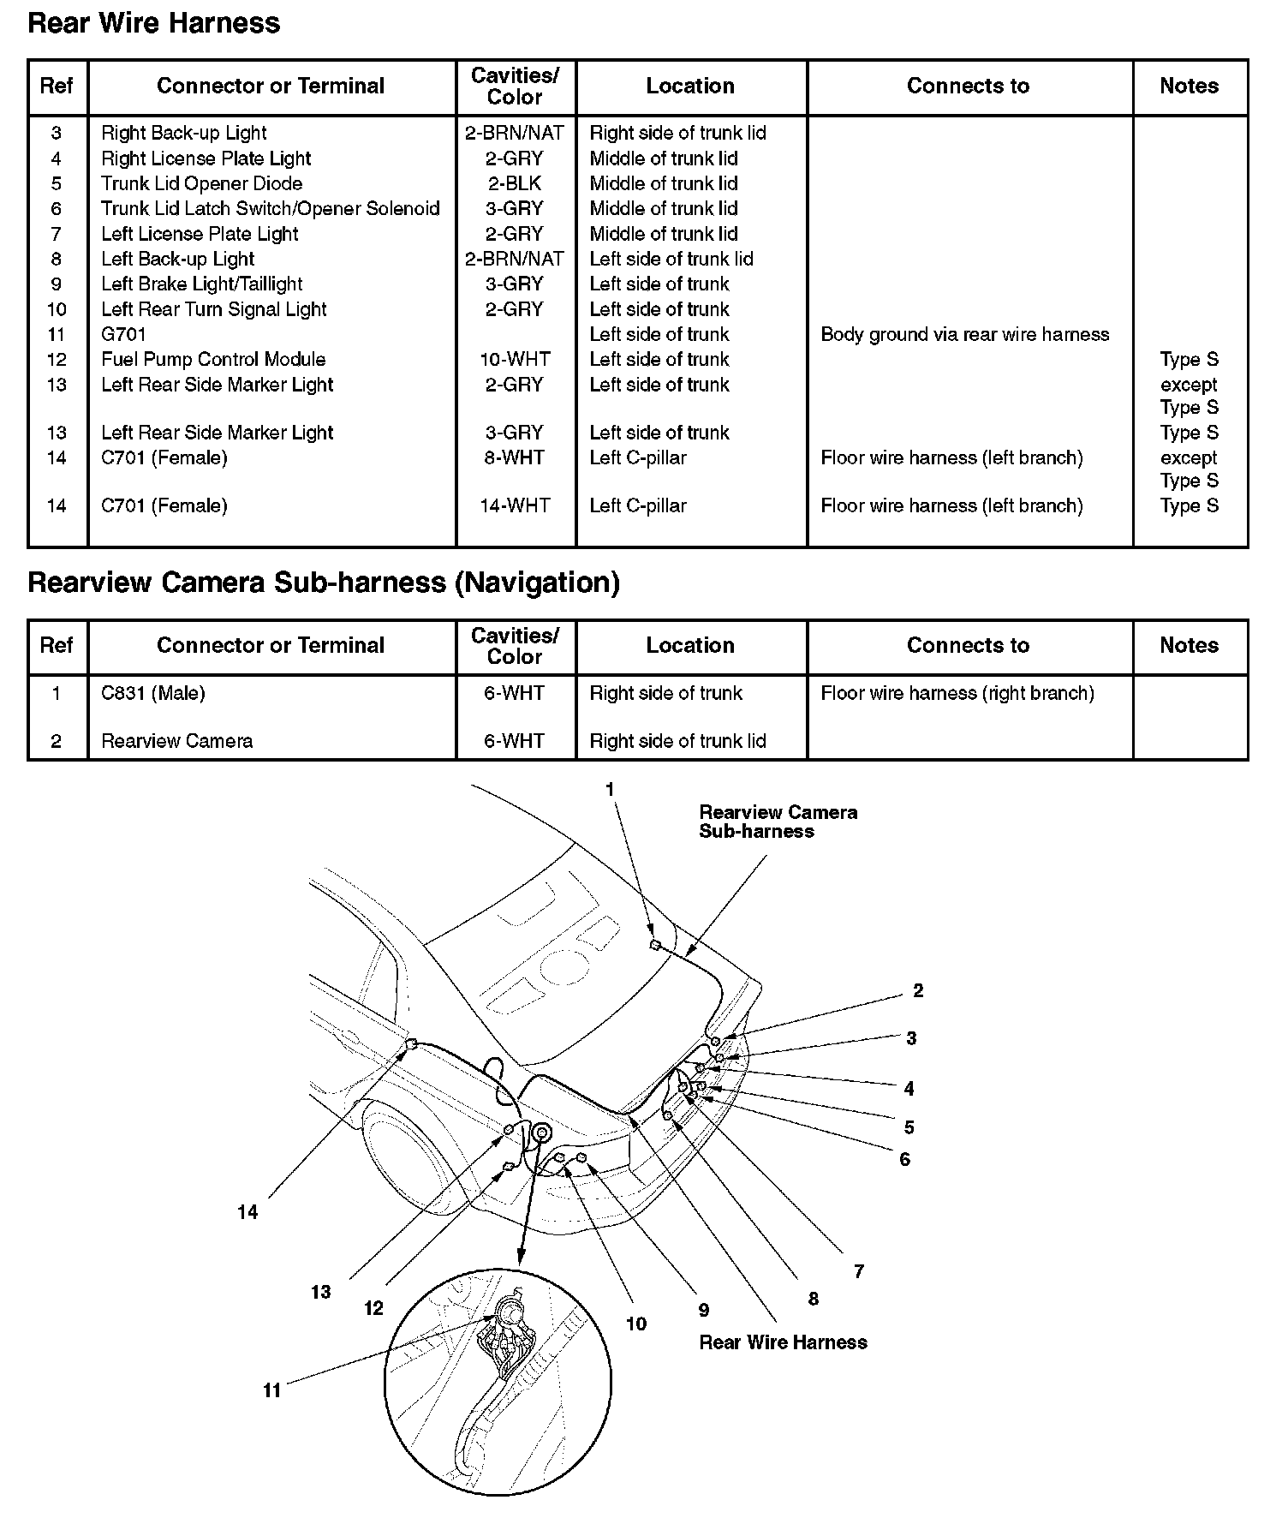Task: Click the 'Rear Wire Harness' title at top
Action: tap(154, 23)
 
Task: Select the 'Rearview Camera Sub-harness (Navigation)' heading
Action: tap(324, 583)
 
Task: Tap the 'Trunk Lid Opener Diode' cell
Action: tap(201, 183)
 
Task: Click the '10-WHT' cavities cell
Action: tap(515, 359)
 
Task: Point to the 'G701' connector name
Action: tap(123, 334)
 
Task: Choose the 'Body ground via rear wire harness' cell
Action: tap(964, 334)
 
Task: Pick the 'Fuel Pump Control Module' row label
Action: tap(213, 359)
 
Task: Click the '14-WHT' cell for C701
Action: tap(515, 505)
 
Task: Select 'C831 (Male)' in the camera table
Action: tap(153, 693)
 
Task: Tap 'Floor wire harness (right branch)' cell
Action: tap(957, 693)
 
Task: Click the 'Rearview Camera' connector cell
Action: tap(177, 741)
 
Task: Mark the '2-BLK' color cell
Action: tap(515, 183)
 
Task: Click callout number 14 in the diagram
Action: tap(247, 1212)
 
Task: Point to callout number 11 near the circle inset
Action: tap(272, 1390)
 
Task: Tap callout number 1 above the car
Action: tap(611, 790)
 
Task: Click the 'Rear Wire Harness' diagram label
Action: tap(783, 1342)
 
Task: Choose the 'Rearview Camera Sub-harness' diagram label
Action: tap(778, 822)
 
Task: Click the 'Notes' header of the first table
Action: tap(1189, 86)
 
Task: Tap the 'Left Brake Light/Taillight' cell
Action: tap(202, 284)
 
